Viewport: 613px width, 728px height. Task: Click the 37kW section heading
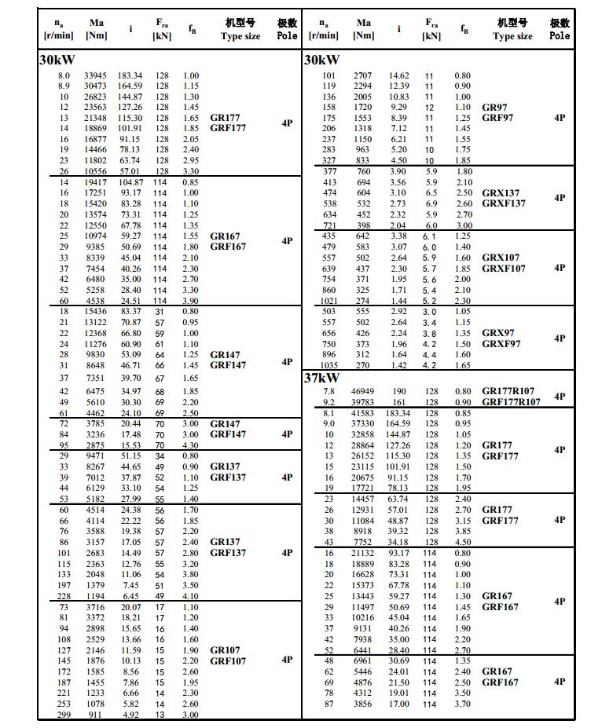click(322, 379)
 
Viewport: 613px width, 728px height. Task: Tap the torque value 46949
click(363, 391)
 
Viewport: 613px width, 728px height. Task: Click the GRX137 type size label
click(501, 193)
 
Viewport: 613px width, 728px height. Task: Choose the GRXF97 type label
click(501, 344)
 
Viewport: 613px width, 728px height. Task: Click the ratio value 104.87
click(130, 182)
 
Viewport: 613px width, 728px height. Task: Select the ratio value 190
click(398, 391)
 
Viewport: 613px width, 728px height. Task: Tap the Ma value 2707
click(363, 75)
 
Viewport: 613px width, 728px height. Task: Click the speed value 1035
click(329, 365)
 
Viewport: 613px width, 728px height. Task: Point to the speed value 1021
click(329, 301)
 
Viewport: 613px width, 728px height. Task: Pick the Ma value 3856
click(363, 704)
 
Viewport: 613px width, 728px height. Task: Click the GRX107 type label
click(501, 258)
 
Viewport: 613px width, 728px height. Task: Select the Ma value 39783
click(363, 402)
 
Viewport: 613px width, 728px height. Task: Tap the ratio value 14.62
click(398, 75)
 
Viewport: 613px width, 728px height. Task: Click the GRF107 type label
click(228, 661)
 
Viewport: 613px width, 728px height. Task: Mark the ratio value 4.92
click(130, 715)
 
